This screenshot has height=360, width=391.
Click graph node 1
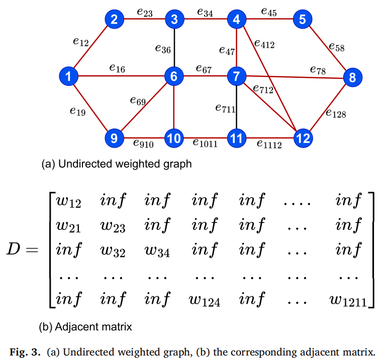click(x=68, y=76)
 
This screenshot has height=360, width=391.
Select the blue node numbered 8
click(x=353, y=77)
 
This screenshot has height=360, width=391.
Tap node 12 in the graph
click(x=303, y=138)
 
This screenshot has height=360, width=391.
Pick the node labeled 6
click(x=174, y=76)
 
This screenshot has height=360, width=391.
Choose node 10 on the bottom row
click(x=174, y=138)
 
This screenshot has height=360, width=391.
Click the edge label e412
click(x=264, y=44)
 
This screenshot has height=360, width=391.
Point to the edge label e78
click(x=318, y=70)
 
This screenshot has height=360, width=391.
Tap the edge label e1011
click(x=205, y=143)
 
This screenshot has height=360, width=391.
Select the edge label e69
click(x=138, y=101)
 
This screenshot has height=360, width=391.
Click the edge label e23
click(x=145, y=13)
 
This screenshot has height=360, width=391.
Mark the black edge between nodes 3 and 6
click(x=174, y=48)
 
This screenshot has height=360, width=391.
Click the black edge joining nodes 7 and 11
click(x=236, y=107)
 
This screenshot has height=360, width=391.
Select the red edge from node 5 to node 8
click(x=327, y=48)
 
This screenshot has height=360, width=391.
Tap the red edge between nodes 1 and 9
click(x=91, y=107)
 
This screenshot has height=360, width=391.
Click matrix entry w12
click(x=68, y=201)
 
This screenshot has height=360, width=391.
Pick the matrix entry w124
click(x=205, y=300)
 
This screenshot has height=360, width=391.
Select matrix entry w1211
click(x=348, y=300)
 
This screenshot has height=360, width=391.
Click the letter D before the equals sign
click(x=13, y=249)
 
